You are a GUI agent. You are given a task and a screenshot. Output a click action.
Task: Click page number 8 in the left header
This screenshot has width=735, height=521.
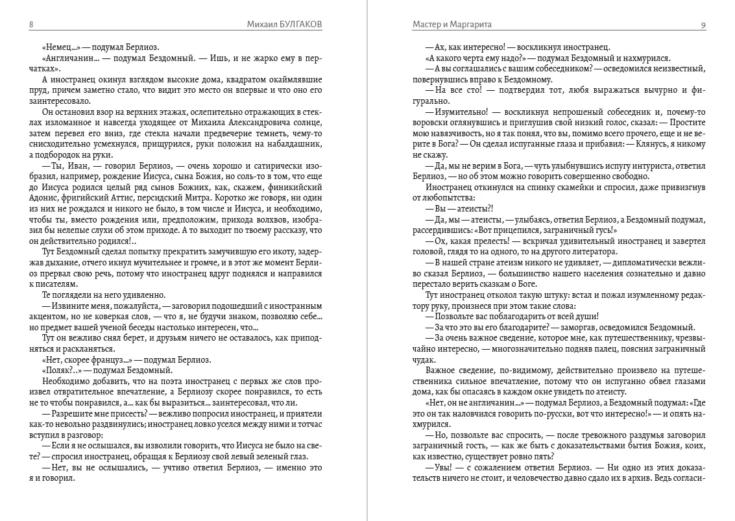pos(31,25)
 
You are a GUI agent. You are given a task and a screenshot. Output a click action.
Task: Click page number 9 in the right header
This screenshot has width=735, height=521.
pos(703,25)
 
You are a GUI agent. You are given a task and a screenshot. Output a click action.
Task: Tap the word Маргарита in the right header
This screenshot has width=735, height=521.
pos(469,25)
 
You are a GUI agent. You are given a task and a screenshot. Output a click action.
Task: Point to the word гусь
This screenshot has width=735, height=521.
pos(579,230)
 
